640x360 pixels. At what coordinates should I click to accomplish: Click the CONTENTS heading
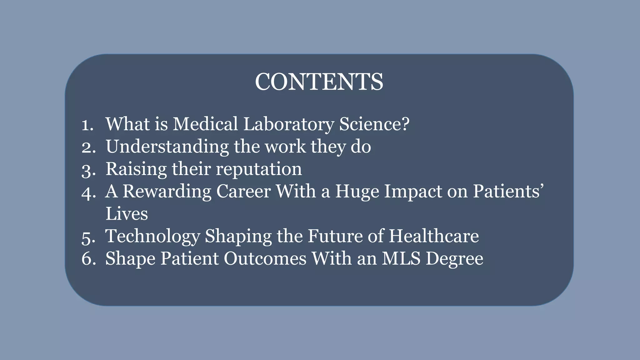click(319, 82)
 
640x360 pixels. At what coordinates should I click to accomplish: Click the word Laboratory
click(288, 124)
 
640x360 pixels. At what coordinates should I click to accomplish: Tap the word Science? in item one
click(374, 124)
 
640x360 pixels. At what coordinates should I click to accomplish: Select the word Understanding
click(167, 147)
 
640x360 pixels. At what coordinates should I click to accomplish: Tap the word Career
click(243, 192)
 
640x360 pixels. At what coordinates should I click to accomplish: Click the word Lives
click(127, 214)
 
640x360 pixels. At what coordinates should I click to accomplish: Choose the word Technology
click(152, 237)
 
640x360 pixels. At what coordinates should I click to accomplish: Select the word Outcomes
click(265, 259)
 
